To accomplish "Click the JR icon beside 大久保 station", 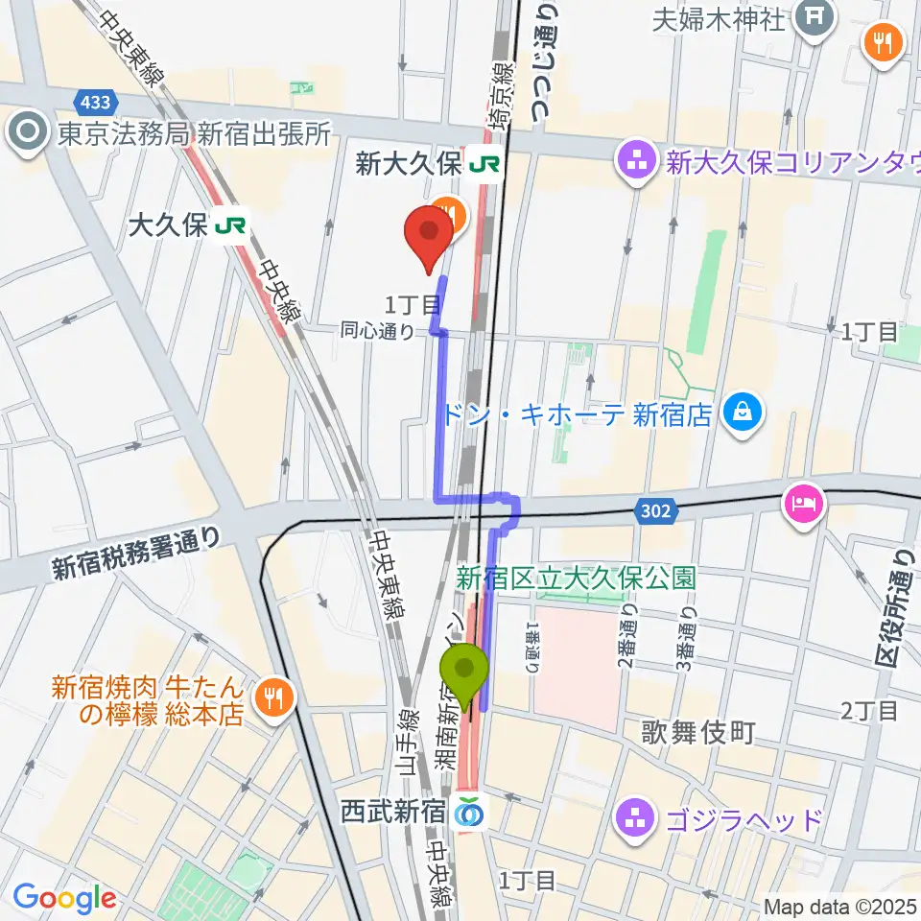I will pos(229,225).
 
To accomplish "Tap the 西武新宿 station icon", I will pos(470,812).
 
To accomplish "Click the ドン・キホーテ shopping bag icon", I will pos(744,413).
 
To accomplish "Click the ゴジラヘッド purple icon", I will pos(635,820).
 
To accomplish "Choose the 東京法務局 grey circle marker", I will pos(26,132).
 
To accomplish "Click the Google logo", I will pos(63,899).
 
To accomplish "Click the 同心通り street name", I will pos(378,332).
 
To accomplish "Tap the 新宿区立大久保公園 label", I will pos(576,579).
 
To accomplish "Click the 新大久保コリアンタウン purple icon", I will pos(635,163).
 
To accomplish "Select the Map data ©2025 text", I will pos(837,906).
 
